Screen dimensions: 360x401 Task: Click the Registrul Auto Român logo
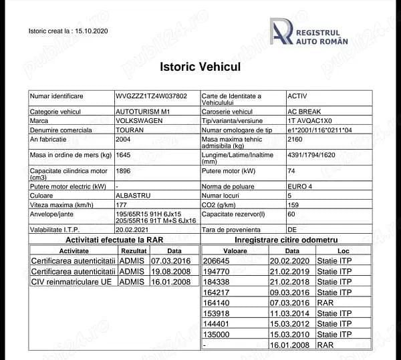tap(309, 31)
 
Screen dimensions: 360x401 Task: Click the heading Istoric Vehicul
tap(200, 67)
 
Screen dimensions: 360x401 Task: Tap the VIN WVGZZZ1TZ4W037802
tap(151, 97)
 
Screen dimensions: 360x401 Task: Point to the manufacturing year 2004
tap(123, 140)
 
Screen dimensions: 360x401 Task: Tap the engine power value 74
tap(291, 171)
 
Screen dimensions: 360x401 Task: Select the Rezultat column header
tap(133, 250)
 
